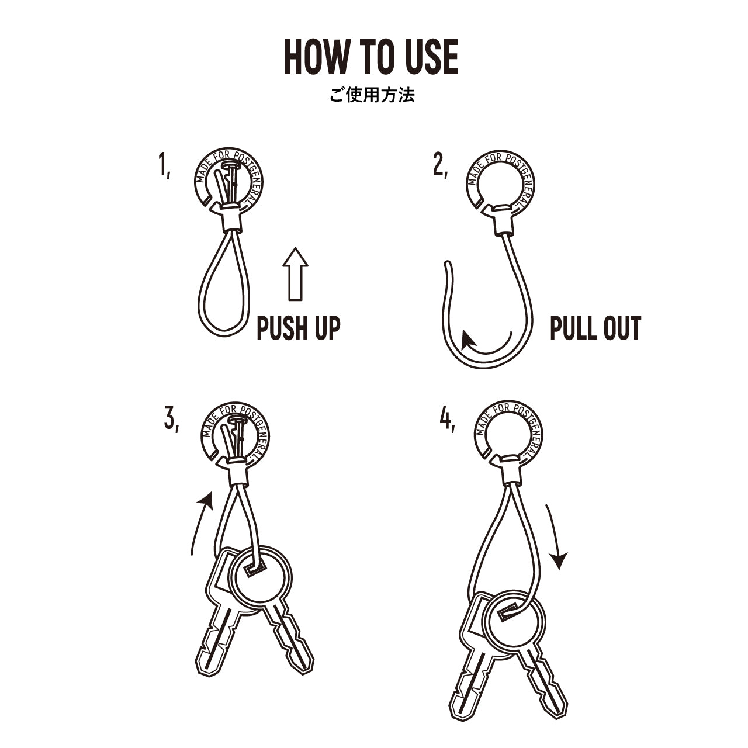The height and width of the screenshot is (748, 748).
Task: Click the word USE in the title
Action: [x=432, y=57]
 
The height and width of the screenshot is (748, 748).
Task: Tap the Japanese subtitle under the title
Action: [x=372, y=95]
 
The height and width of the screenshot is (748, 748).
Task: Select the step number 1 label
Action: [x=165, y=165]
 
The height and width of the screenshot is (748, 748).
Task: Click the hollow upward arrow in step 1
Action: [x=295, y=274]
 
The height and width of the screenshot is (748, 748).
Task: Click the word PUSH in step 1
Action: [x=280, y=328]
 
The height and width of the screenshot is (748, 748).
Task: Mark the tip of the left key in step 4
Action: [x=456, y=718]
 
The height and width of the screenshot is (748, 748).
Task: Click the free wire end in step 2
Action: [x=448, y=264]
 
